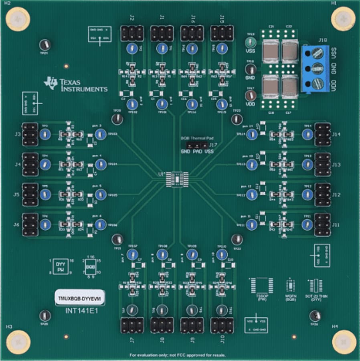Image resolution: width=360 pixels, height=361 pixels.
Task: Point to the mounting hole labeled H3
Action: (x=17, y=343)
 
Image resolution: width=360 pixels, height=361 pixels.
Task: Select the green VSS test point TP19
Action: (x=250, y=43)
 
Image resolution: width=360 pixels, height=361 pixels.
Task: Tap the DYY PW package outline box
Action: (x=60, y=267)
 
